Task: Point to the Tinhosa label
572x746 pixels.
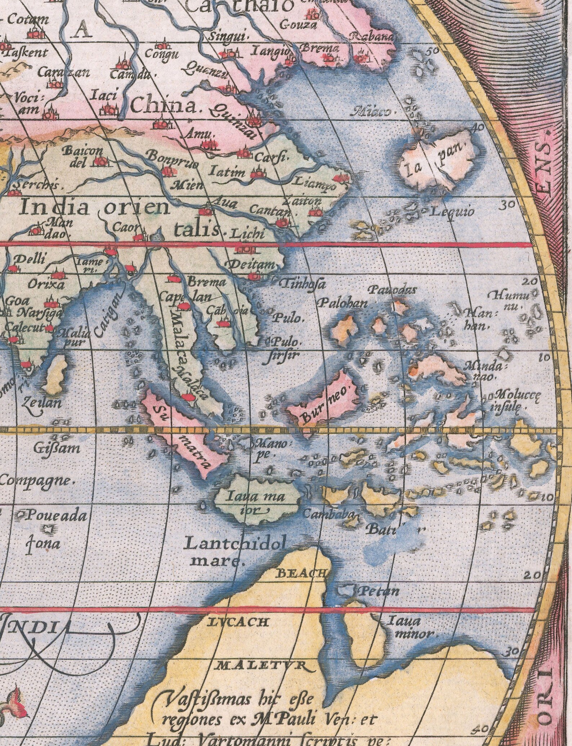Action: point(303,284)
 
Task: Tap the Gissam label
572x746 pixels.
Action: point(58,449)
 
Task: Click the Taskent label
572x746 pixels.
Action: point(27,52)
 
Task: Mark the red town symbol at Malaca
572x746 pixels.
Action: point(187,397)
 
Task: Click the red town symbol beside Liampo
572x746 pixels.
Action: point(338,178)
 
